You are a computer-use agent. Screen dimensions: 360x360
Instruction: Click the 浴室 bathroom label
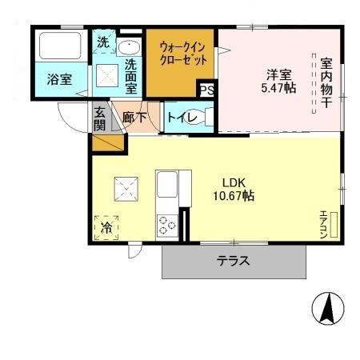60,80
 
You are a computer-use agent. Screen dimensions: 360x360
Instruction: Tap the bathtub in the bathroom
60,47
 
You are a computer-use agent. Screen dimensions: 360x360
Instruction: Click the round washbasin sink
129,45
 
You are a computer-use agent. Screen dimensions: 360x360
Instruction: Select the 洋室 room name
279,74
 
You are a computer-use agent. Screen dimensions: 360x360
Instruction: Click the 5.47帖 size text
279,88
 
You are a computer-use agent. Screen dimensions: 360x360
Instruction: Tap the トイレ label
178,118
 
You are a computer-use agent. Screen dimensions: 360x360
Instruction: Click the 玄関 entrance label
100,118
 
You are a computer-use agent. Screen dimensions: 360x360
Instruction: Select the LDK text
234,180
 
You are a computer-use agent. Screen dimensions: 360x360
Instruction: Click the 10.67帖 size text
234,194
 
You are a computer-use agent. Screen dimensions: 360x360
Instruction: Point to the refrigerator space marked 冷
106,228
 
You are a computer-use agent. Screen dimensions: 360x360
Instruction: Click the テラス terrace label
234,261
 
